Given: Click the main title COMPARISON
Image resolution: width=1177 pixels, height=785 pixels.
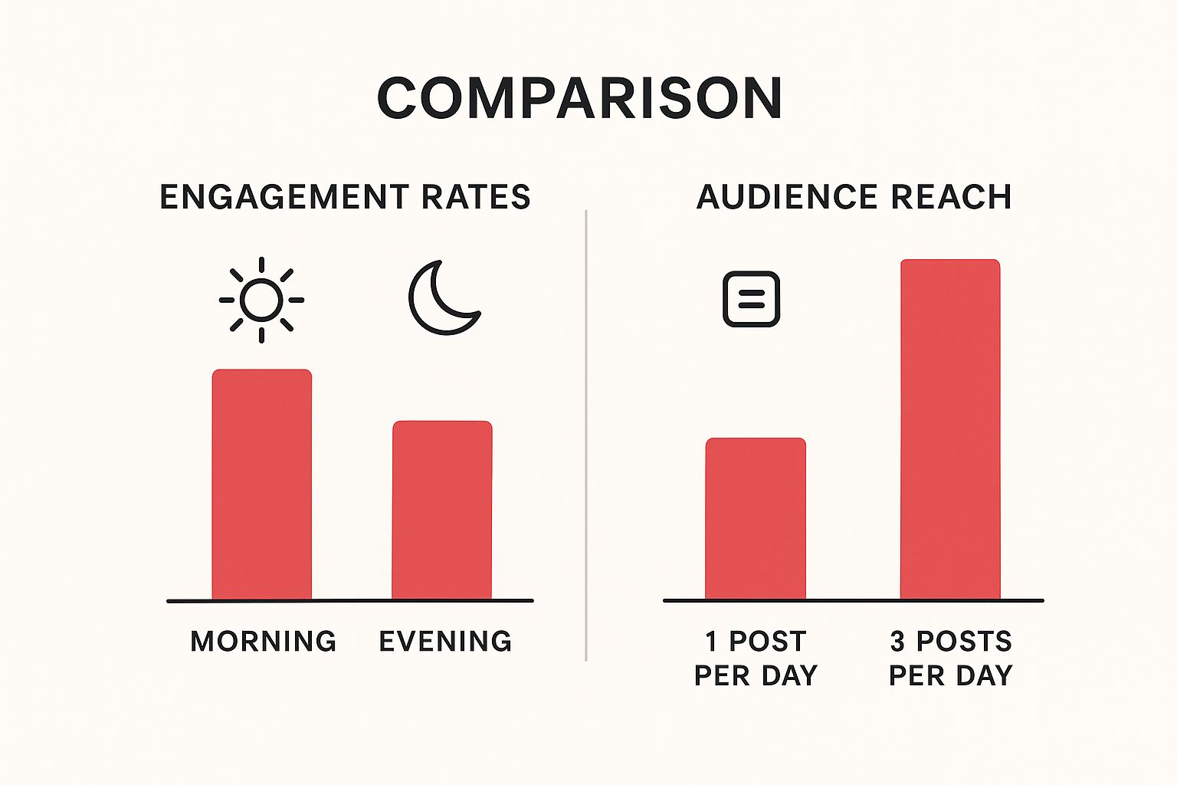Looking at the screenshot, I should pyautogui.click(x=579, y=98).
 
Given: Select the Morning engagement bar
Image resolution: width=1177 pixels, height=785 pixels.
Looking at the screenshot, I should pyautogui.click(x=261, y=484).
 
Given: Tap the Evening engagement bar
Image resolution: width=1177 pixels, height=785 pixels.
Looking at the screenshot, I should pyautogui.click(x=442, y=510).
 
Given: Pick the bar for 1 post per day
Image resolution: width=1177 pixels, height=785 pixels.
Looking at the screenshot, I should pyautogui.click(x=756, y=518).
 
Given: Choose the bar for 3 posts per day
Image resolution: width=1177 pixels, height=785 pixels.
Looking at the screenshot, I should pyautogui.click(x=950, y=429).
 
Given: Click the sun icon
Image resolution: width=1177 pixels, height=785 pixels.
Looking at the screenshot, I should pyautogui.click(x=261, y=300).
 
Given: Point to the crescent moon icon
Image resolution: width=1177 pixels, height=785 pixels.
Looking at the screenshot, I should pyautogui.click(x=442, y=298).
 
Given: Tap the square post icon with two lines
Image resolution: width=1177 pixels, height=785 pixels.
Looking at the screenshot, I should pyautogui.click(x=752, y=299).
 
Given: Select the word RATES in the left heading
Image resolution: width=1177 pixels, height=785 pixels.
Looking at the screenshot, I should pyautogui.click(x=476, y=197).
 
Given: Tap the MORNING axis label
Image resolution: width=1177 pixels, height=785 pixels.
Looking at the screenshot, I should pyautogui.click(x=264, y=641).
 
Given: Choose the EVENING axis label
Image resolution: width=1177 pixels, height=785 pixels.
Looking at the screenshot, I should pyautogui.click(x=446, y=641).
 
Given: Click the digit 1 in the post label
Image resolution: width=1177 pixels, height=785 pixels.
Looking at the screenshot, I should pyautogui.click(x=712, y=641).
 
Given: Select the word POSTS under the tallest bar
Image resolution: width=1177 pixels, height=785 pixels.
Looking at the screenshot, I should pyautogui.click(x=965, y=641).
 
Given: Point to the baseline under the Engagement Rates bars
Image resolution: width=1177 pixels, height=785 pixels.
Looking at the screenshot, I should pyautogui.click(x=349, y=601).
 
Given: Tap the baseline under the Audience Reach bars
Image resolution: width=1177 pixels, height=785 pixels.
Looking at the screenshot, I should pyautogui.click(x=853, y=600).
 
